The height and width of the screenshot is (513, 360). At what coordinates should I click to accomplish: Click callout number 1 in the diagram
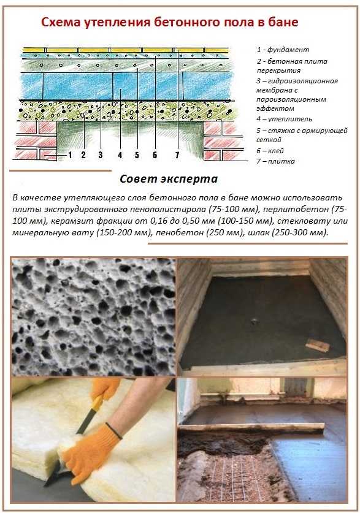coord(70,154)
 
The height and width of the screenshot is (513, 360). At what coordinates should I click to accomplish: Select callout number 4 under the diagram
coord(120,154)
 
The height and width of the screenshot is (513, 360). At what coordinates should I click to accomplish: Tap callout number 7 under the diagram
coord(177,154)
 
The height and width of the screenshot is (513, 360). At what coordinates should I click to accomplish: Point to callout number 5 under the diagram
coord(137,154)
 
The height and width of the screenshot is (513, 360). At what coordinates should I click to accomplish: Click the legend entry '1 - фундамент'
coord(283,50)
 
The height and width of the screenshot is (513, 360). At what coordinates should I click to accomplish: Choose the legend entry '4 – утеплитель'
coord(284,119)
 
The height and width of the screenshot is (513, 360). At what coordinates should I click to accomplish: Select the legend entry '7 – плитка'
coord(275,161)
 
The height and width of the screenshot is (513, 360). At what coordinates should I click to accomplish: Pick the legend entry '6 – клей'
coord(270,151)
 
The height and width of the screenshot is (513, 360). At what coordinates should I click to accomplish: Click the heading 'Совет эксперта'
coord(169,179)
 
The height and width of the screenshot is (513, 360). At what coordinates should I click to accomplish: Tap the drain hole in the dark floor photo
coord(254,321)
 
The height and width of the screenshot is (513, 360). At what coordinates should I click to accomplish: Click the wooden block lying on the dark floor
coord(317,345)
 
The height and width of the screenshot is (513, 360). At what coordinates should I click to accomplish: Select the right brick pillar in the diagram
coord(223,141)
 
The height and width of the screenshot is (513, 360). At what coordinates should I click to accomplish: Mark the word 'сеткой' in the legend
coord(269,140)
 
